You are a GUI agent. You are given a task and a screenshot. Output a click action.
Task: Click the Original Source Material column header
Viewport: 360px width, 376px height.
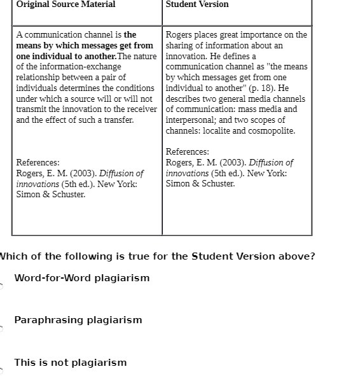click(x=66, y=4)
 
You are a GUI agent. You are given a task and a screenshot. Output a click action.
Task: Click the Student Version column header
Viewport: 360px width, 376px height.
click(x=197, y=4)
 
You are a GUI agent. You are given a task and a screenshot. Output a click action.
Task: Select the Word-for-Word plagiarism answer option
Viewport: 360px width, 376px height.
click(x=82, y=278)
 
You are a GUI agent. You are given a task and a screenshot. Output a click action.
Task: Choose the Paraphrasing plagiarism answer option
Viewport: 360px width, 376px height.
click(x=78, y=320)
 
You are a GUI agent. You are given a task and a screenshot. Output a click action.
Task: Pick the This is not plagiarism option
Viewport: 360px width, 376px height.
click(x=71, y=363)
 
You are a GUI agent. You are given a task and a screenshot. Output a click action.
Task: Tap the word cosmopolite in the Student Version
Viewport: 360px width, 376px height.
click(x=273, y=131)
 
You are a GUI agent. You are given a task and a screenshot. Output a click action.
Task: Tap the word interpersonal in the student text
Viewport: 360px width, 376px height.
click(x=190, y=120)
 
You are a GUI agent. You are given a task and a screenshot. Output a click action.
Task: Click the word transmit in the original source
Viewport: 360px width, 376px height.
click(x=32, y=109)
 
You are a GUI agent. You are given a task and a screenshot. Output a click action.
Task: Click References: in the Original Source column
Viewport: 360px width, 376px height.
click(x=38, y=163)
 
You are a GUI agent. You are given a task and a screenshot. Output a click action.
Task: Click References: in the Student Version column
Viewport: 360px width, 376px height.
click(x=188, y=152)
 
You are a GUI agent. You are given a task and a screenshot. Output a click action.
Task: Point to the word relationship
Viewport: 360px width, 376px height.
click(x=38, y=77)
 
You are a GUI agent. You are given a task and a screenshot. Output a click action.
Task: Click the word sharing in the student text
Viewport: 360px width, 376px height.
click(x=180, y=46)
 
